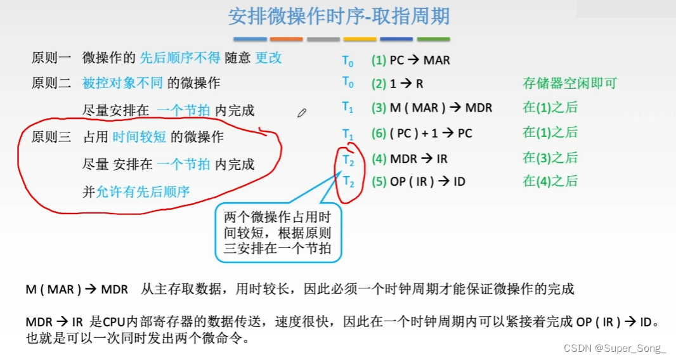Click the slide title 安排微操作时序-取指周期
click(x=339, y=16)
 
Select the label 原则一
click(x=51, y=58)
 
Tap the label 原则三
click(x=51, y=137)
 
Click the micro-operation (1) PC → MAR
click(x=410, y=61)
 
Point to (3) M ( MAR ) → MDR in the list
click(x=431, y=108)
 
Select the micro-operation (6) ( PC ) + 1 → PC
click(x=422, y=133)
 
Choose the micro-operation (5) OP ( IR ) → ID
click(x=419, y=181)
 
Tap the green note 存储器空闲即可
click(x=569, y=83)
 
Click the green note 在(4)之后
click(x=550, y=181)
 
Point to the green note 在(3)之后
click(x=550, y=158)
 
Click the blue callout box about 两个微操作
click(x=278, y=233)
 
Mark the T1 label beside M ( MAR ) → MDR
click(x=348, y=107)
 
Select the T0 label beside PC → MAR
click(x=348, y=61)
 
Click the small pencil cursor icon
click(x=302, y=113)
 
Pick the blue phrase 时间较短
click(x=140, y=137)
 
